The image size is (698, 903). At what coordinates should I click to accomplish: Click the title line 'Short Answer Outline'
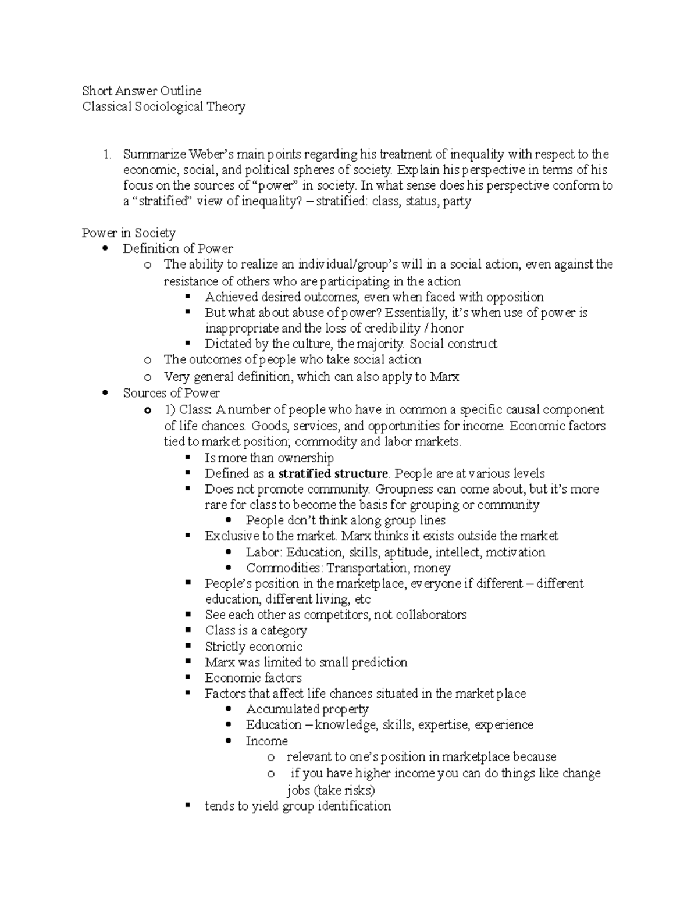click(142, 91)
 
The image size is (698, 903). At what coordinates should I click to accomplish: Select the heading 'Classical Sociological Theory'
click(163, 106)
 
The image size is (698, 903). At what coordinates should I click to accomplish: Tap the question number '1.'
click(107, 155)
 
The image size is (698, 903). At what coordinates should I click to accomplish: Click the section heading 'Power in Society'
click(129, 233)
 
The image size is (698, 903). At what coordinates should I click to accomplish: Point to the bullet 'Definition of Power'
click(177, 249)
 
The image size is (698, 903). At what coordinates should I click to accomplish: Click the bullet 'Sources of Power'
click(171, 393)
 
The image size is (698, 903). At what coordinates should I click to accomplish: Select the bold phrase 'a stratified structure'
click(327, 473)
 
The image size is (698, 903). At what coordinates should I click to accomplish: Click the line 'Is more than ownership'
click(269, 458)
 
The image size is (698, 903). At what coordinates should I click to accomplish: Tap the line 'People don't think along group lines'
click(346, 520)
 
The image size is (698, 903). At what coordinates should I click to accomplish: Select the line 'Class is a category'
click(255, 631)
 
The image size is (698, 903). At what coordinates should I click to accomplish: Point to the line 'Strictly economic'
click(254, 647)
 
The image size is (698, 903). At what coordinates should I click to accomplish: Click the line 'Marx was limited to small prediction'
click(306, 662)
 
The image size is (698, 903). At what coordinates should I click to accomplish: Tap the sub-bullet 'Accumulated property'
click(307, 709)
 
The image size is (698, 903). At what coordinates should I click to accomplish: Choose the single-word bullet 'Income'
click(266, 741)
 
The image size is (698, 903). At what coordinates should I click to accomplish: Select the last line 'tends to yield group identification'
click(297, 806)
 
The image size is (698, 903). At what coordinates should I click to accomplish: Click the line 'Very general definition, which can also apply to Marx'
click(311, 377)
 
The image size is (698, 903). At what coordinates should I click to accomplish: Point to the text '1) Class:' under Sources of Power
click(188, 409)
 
